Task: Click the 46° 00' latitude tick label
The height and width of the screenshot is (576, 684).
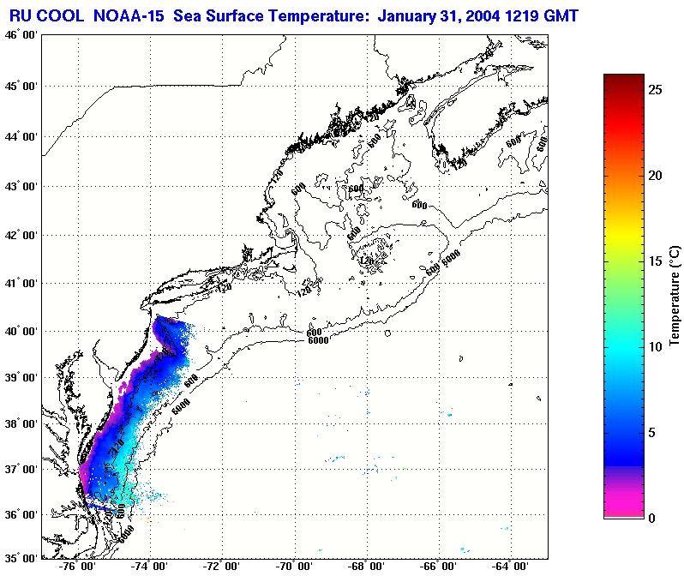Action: [20, 35]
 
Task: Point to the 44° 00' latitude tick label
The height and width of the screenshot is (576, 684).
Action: [20, 136]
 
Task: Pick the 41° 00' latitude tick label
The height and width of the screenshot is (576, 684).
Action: [20, 284]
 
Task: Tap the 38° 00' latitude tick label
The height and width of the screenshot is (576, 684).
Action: [20, 423]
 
